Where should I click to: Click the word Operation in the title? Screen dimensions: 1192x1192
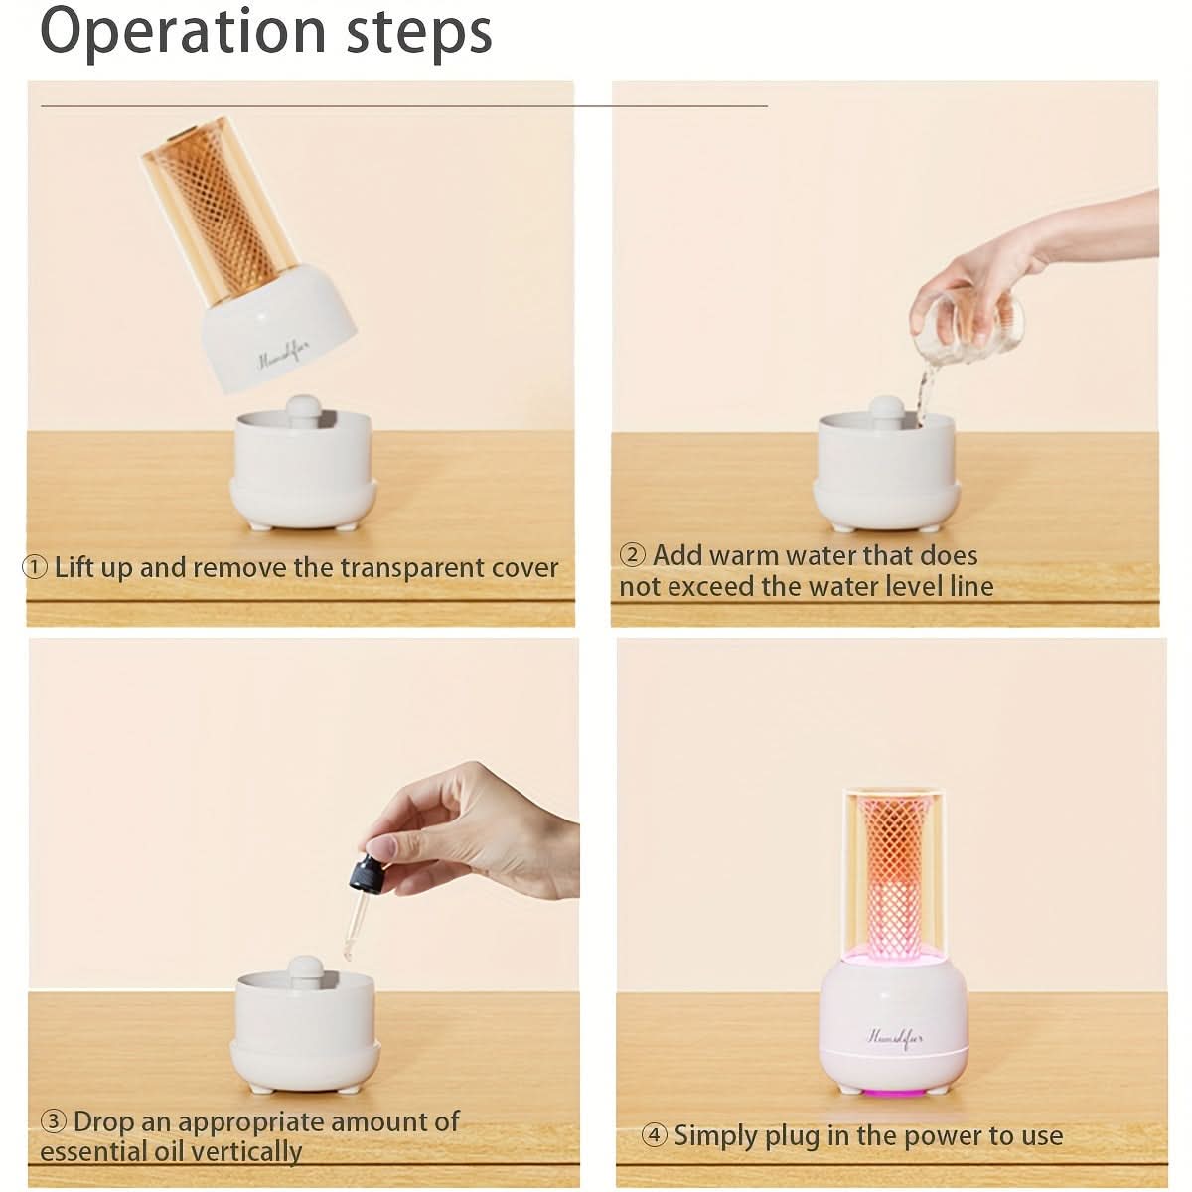(183, 33)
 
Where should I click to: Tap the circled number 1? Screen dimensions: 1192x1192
(35, 566)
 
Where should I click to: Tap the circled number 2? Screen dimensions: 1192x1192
(632, 554)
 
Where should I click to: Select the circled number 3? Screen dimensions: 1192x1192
(54, 1120)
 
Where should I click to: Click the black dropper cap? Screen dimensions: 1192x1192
(367, 873)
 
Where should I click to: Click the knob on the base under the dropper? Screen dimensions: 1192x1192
(304, 971)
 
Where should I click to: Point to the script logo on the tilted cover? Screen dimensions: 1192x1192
(283, 354)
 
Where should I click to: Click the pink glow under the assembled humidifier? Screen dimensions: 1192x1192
(894, 1095)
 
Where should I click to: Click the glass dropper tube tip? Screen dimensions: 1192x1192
(347, 957)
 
